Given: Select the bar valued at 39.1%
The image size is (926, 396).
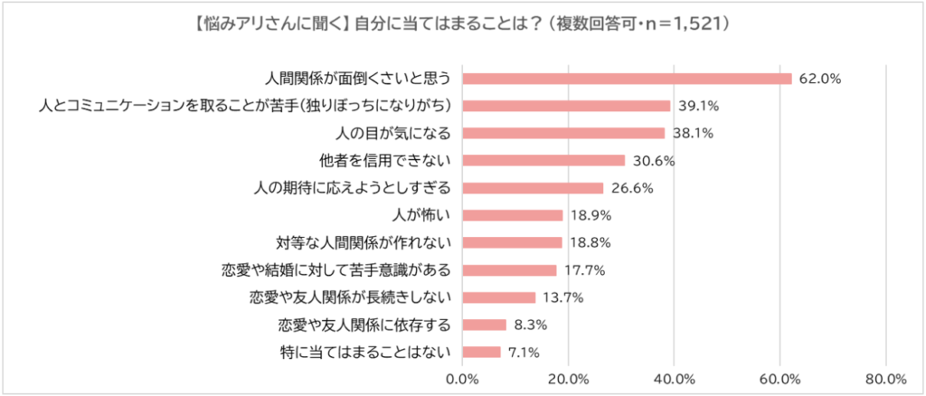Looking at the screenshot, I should (566, 106).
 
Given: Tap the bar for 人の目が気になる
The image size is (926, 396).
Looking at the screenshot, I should (563, 133).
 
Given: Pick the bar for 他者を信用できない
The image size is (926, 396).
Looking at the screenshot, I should (543, 160).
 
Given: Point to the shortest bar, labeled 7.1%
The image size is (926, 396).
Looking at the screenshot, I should (481, 352).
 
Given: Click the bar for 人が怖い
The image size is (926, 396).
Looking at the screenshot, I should (513, 215).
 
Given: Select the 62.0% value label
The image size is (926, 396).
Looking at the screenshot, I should (820, 79).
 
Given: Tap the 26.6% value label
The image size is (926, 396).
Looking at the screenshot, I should (631, 188).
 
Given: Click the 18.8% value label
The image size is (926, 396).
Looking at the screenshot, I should (591, 242).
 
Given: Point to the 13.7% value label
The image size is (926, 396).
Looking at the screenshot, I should (563, 297).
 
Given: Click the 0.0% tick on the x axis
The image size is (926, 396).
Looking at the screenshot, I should (463, 378).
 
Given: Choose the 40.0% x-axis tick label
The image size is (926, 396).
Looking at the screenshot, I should (675, 378).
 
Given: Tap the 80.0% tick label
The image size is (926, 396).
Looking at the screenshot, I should (886, 378).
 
